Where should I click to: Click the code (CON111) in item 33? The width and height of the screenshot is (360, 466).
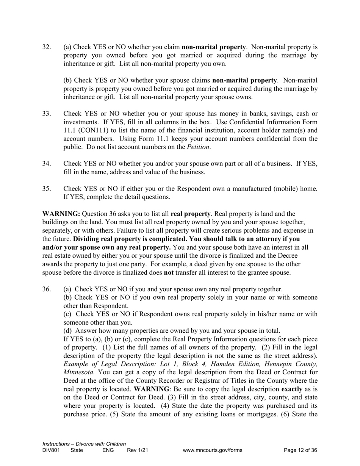96,130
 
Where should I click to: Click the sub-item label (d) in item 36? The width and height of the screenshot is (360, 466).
68,331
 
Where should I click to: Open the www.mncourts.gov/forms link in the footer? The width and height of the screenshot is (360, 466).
212,450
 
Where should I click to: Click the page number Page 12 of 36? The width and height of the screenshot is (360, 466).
300,450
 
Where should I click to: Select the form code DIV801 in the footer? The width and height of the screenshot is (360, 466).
51,450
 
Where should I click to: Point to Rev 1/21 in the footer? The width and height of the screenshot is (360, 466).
137,450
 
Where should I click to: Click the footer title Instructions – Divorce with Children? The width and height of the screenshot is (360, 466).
84,444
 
